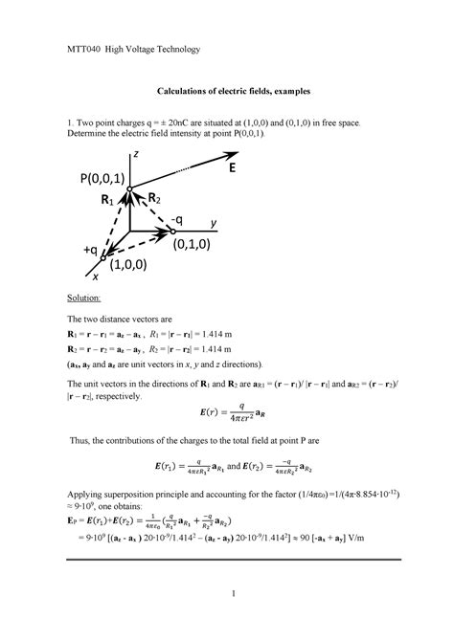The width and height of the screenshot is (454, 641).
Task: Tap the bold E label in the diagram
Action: (233, 169)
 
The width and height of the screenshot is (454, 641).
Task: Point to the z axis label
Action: (136, 154)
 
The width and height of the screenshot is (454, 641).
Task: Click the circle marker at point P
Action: (130, 189)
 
